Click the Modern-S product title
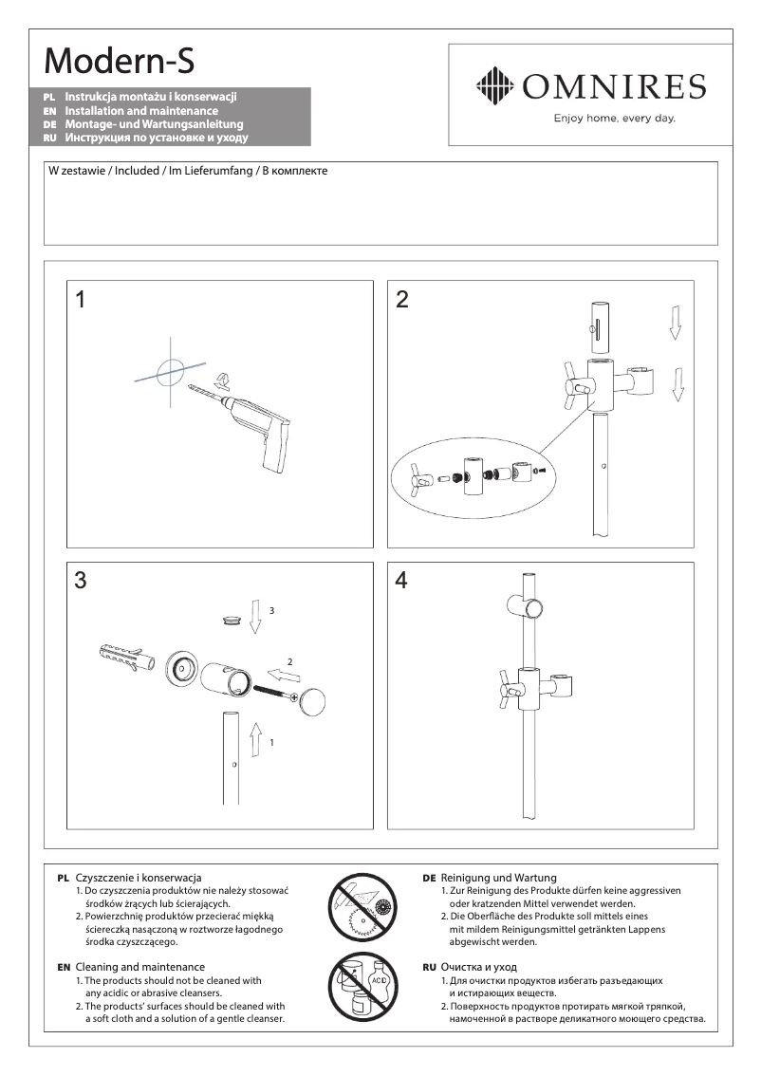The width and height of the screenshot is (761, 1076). [x=121, y=61]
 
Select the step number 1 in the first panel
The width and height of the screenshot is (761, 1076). [x=81, y=300]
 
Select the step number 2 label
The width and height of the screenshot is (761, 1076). [x=402, y=300]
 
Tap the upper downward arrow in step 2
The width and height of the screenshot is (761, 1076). [x=675, y=322]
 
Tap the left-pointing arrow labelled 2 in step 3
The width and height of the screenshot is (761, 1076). [x=283, y=676]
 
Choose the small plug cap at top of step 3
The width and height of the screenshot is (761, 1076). [x=229, y=619]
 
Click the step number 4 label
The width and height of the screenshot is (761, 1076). [x=401, y=581]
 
